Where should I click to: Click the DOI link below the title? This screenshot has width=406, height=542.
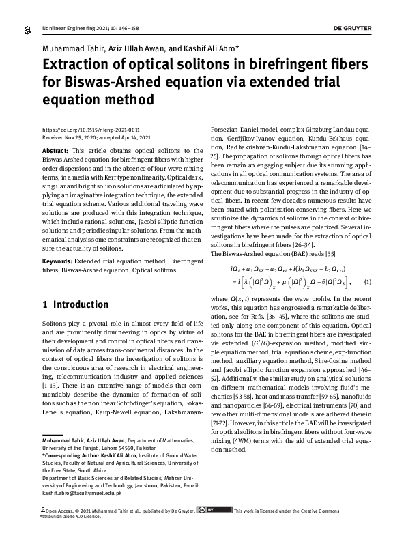(81, 129)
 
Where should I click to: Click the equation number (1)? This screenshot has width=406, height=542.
(367, 282)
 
